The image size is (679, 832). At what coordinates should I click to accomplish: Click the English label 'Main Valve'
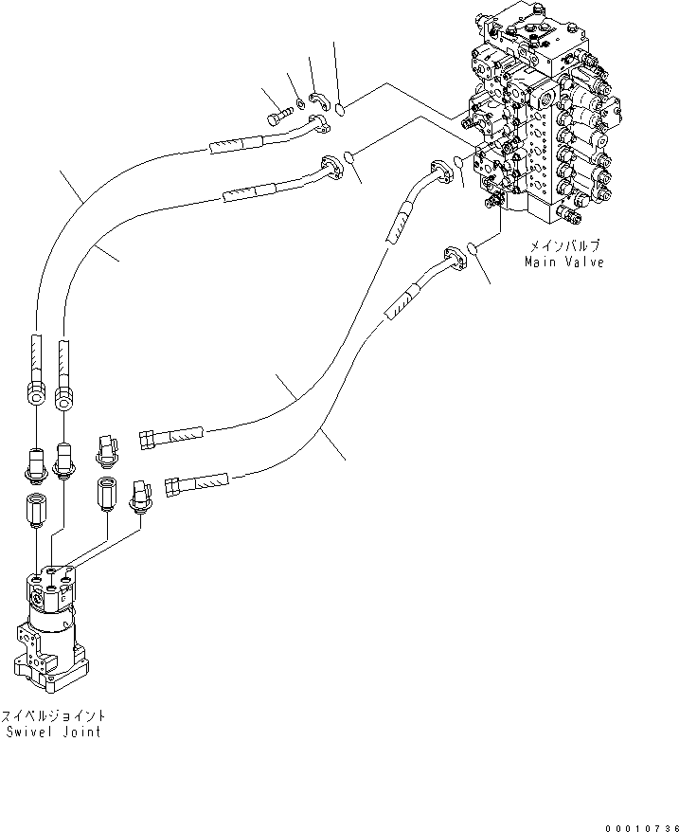pyautogui.click(x=564, y=261)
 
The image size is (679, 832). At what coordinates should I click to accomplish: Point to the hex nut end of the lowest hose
pyautogui.click(x=173, y=486)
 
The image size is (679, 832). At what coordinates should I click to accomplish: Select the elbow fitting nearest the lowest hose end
pyautogui.click(x=142, y=495)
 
